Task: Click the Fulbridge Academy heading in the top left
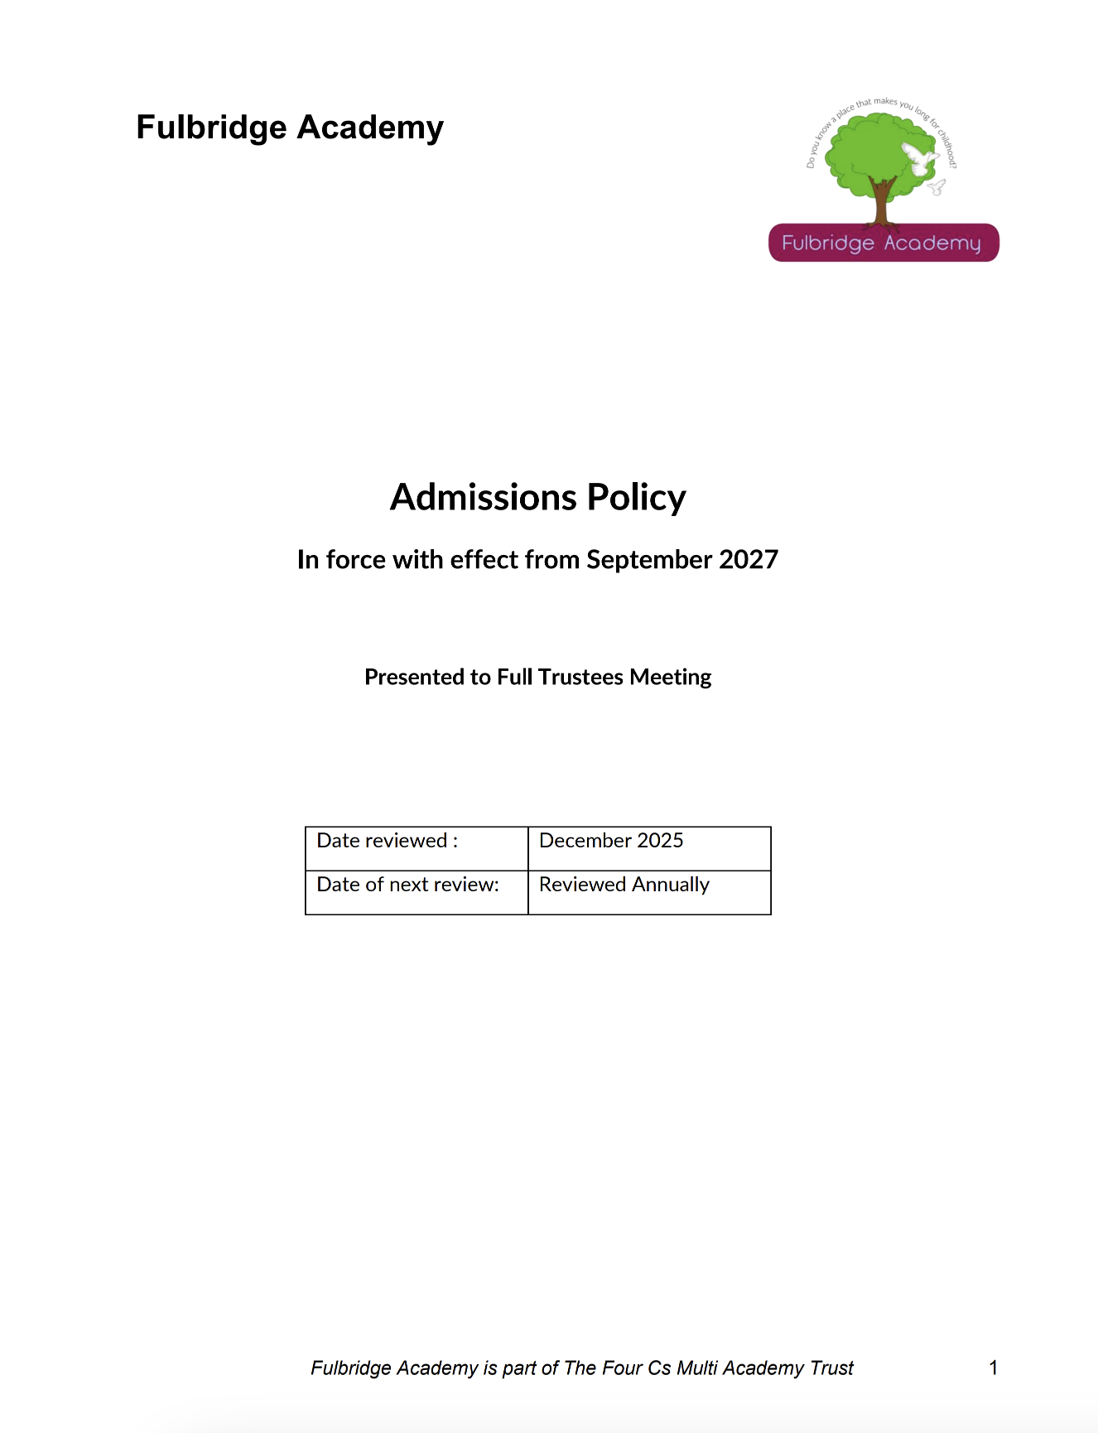[x=290, y=128]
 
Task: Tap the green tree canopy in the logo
[x=865, y=153]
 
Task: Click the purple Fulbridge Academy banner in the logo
[x=884, y=243]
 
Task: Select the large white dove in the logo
[x=919, y=157]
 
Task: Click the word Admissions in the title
[x=484, y=498]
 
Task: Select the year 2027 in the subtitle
[x=749, y=560]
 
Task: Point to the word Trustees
[x=580, y=678]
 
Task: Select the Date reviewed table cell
[x=417, y=848]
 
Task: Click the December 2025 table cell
[x=649, y=848]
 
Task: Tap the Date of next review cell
[x=417, y=892]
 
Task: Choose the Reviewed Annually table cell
[x=649, y=892]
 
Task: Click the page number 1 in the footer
[x=994, y=1368]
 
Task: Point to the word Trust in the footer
[x=831, y=1368]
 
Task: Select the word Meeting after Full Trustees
[x=670, y=678]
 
